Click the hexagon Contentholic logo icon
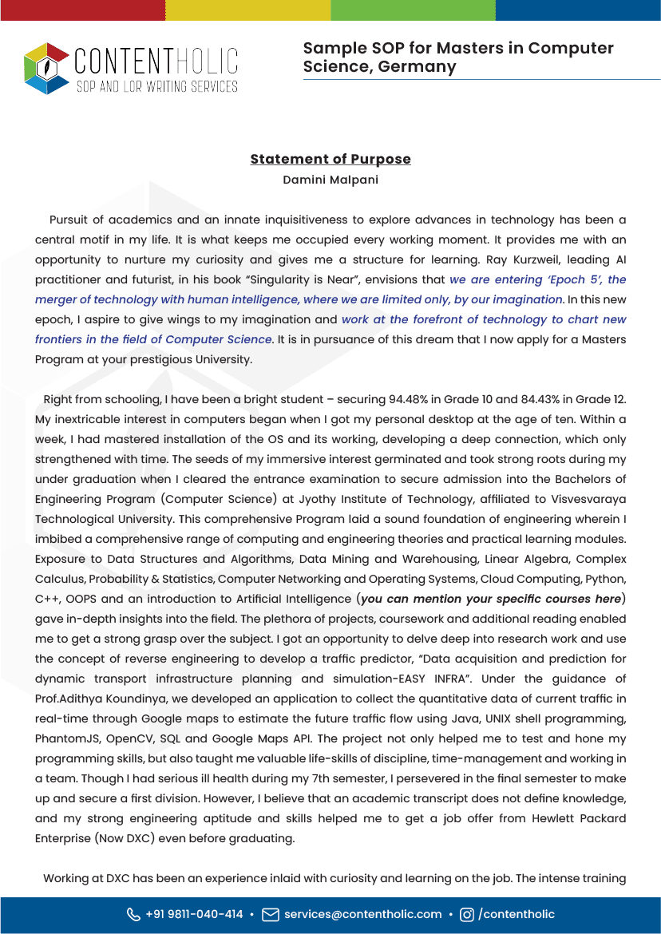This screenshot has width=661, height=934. point(47,68)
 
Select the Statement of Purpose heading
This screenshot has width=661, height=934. point(330,159)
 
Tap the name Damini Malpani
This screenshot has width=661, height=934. point(330,180)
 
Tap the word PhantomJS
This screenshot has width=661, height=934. point(65,738)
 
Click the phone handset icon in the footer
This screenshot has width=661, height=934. point(133,915)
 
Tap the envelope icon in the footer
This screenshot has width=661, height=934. point(271,915)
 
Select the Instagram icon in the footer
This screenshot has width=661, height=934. point(467,915)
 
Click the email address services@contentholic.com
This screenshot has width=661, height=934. point(362,915)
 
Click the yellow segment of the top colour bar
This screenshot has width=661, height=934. point(247,10)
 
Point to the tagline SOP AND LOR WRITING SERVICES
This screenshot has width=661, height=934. point(156,86)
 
